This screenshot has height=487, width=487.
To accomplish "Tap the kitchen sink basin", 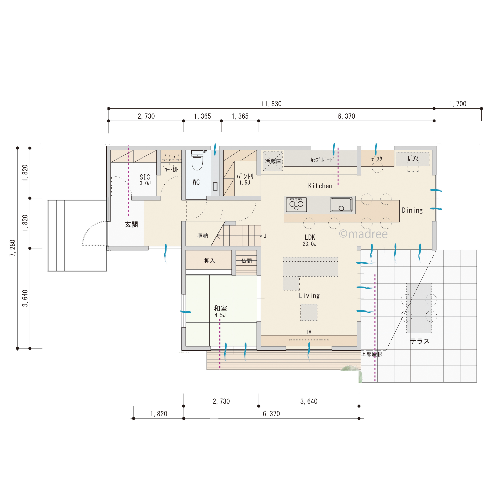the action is (341, 204).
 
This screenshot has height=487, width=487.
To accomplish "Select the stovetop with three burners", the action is (297, 205).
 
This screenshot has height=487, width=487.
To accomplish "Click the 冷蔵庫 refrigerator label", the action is (273, 161).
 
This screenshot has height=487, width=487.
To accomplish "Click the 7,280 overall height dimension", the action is (13, 248).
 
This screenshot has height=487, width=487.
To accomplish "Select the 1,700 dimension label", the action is (458, 104).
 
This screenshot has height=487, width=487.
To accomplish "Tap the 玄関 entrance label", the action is (131, 225).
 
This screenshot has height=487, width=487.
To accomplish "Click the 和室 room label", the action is (221, 308).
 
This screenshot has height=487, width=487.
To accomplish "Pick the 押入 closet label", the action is (210, 261).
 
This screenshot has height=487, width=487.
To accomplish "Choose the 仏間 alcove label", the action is (246, 261).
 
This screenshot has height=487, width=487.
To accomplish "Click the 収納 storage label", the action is (203, 235).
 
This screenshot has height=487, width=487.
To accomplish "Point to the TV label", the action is (308, 332).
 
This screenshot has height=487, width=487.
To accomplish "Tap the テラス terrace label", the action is (420, 341).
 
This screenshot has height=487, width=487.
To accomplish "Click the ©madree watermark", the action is (363, 234).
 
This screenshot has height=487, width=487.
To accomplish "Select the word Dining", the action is (412, 210).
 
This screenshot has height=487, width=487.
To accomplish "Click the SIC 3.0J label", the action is (145, 180).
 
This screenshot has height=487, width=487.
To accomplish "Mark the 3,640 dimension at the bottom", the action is (309, 401).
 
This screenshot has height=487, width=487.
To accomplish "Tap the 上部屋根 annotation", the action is (372, 354).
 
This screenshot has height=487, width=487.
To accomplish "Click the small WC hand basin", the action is (215, 186).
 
